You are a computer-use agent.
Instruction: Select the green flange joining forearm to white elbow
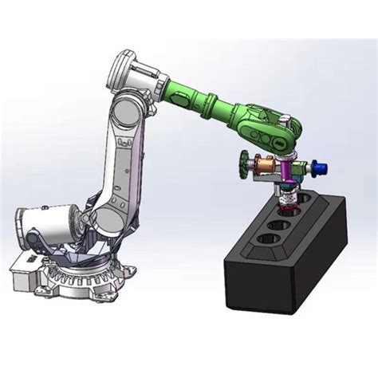click(174, 85)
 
